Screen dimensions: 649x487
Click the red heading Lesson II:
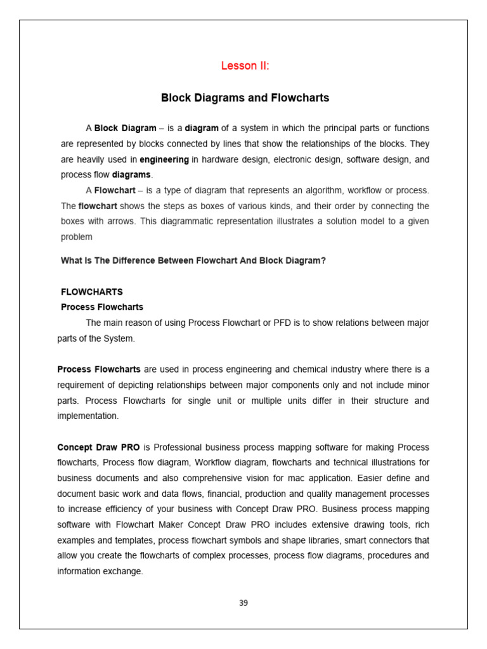[x=245, y=66]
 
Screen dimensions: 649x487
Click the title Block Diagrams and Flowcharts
[x=245, y=98]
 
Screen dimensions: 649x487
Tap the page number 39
[x=243, y=603]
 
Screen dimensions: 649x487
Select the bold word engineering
[x=164, y=159]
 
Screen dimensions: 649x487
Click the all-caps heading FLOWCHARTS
[x=91, y=292]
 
